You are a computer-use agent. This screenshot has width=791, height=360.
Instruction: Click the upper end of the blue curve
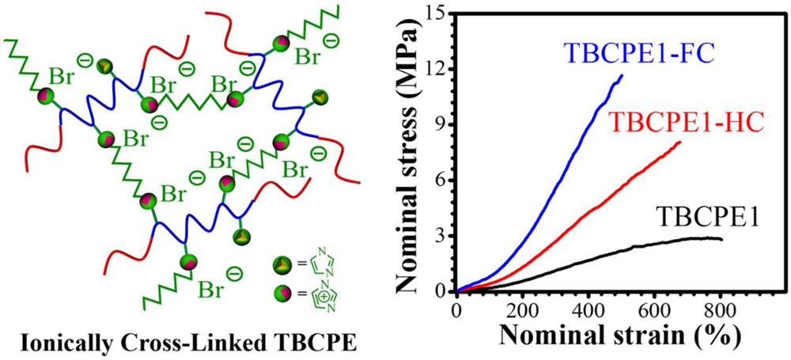622,76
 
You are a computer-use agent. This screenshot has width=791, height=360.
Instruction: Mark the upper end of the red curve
679,142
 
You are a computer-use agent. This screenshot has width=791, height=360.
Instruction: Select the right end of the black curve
721,238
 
